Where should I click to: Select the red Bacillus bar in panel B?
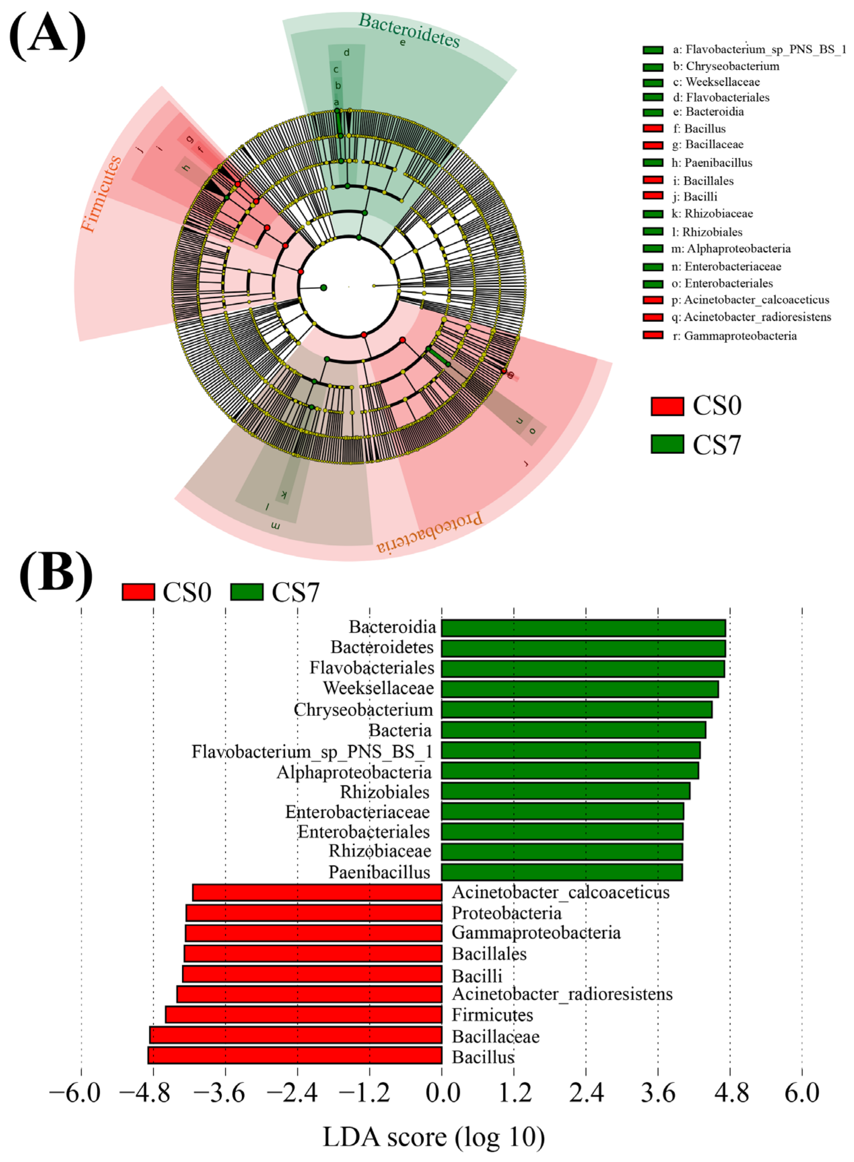(295, 1055)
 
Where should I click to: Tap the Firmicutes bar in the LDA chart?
(303, 1014)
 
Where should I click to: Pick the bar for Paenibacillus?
(561, 872)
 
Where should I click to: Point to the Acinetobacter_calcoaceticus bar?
(317, 893)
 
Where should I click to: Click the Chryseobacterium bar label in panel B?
(363, 710)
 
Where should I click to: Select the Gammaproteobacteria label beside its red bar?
(536, 933)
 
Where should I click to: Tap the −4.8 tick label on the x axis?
(145, 1094)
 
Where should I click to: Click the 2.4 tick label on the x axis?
(586, 1094)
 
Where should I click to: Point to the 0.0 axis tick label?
(442, 1094)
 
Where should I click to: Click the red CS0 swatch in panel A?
(667, 406)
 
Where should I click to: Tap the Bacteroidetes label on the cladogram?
(409, 30)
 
